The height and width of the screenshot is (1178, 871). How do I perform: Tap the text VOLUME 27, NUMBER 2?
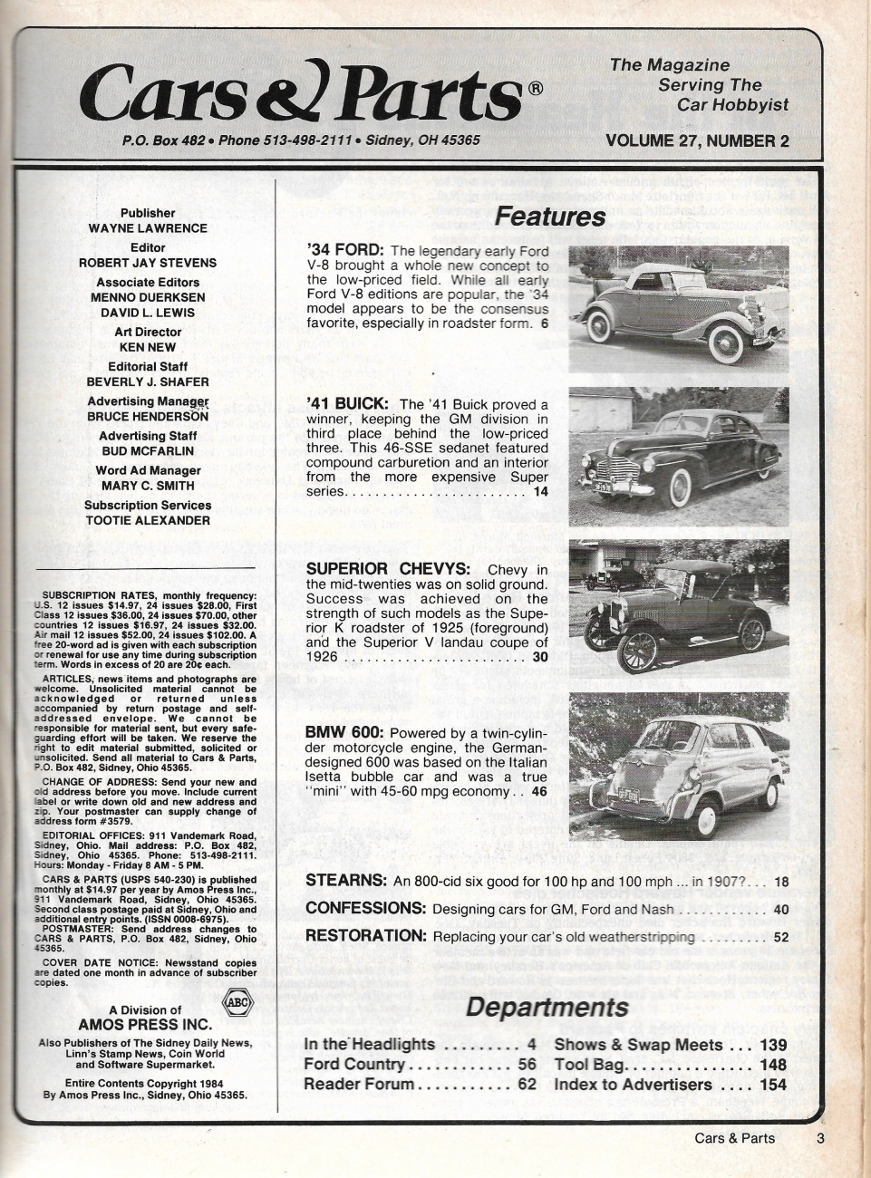[x=697, y=140]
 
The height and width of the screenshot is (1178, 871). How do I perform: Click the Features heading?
[x=550, y=217]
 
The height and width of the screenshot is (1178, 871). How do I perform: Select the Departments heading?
[x=547, y=1007]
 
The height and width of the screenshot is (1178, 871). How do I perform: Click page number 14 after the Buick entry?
[x=541, y=492]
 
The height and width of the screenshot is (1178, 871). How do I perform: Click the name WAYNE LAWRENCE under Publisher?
[x=148, y=228]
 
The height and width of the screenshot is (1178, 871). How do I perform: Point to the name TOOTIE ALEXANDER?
[x=148, y=520]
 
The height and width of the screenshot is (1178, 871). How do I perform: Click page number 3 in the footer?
[x=819, y=1138]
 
